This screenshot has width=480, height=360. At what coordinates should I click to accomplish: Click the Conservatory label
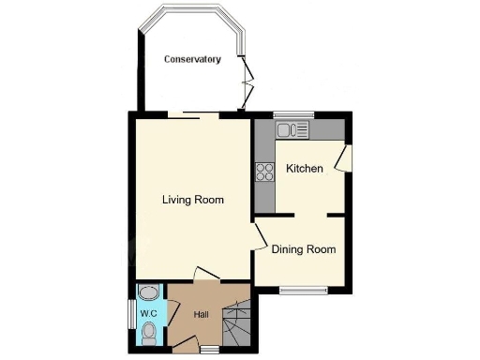(x=192, y=59)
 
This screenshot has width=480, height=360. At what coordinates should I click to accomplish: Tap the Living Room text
(x=192, y=200)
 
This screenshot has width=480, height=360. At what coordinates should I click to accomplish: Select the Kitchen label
(x=305, y=169)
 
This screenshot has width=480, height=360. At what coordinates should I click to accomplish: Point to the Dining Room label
(x=303, y=249)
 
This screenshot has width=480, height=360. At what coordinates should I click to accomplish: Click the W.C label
(x=148, y=313)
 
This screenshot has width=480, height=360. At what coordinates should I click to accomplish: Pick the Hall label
(x=201, y=315)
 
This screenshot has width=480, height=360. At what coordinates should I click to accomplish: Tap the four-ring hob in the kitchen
(x=264, y=171)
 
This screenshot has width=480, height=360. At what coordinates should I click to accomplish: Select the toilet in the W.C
(x=150, y=330)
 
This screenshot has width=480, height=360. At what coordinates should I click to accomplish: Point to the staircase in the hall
(x=237, y=324)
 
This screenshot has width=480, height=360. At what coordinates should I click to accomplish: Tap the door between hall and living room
(x=205, y=274)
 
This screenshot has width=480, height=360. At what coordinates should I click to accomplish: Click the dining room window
(x=302, y=290)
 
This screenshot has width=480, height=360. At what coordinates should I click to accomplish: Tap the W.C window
(x=130, y=313)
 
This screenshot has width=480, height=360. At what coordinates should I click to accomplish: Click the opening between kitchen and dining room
(x=311, y=216)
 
